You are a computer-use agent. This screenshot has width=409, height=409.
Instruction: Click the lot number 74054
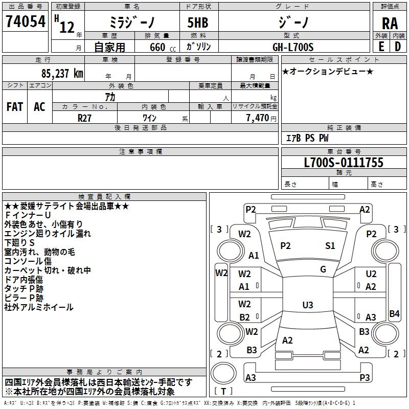pyautogui.click(x=26, y=22)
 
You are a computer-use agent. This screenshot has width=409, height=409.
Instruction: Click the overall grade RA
pyautogui.click(x=390, y=24)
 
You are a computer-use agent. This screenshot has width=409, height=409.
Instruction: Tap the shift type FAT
pyautogui.click(x=14, y=107)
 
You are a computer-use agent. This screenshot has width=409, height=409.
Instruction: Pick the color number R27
pyautogui.click(x=85, y=117)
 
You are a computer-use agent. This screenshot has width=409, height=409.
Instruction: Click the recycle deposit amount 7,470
pyautogui.click(x=258, y=118)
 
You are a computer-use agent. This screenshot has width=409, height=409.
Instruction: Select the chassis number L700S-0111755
pyautogui.click(x=343, y=163)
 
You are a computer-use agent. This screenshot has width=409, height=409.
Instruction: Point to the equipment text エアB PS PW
pyautogui.click(x=307, y=139)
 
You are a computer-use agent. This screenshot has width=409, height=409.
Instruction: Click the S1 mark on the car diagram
pyautogui.click(x=330, y=246)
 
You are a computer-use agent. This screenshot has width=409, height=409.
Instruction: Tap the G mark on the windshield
pyautogui.click(x=323, y=269)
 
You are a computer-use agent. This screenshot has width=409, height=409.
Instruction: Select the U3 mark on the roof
pyautogui.click(x=307, y=305)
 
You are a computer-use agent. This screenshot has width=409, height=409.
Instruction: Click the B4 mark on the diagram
pyautogui.click(x=394, y=314)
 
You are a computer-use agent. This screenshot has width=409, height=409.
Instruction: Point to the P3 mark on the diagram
pyautogui.click(x=365, y=378)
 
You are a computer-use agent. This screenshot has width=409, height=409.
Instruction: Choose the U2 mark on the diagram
pyautogui.click(x=371, y=275)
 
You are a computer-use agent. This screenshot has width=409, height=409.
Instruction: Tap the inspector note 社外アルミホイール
pyautogui.click(x=39, y=307)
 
